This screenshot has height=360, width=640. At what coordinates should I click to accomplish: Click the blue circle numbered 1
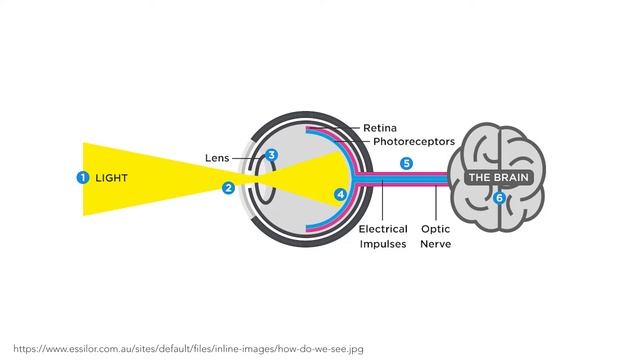(x=83, y=178)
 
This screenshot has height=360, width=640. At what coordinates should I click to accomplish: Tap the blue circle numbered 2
(x=229, y=188)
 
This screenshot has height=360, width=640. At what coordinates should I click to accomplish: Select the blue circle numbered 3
(x=271, y=155)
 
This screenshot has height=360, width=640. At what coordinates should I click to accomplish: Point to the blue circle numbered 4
(x=341, y=194)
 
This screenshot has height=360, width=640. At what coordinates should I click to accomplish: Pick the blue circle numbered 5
(x=407, y=163)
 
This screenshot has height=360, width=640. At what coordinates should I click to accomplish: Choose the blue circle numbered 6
(x=499, y=198)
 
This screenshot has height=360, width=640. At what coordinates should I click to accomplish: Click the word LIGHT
(x=111, y=178)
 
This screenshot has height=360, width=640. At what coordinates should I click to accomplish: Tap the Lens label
(x=217, y=158)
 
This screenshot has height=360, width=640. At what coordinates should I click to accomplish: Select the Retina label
(x=380, y=128)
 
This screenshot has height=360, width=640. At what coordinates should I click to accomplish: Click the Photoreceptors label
(x=414, y=142)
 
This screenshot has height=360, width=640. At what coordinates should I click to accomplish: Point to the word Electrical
(x=383, y=229)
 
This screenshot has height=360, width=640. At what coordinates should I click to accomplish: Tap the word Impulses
(x=383, y=244)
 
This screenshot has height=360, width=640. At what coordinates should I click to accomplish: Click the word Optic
(x=436, y=229)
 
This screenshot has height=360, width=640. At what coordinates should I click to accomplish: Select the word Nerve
(x=436, y=244)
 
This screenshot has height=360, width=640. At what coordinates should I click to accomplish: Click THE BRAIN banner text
(x=498, y=178)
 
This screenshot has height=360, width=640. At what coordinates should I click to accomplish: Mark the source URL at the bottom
(x=188, y=349)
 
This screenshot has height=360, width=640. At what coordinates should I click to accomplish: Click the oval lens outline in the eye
(x=256, y=180)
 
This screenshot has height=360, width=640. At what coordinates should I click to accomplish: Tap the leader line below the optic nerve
(x=436, y=203)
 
